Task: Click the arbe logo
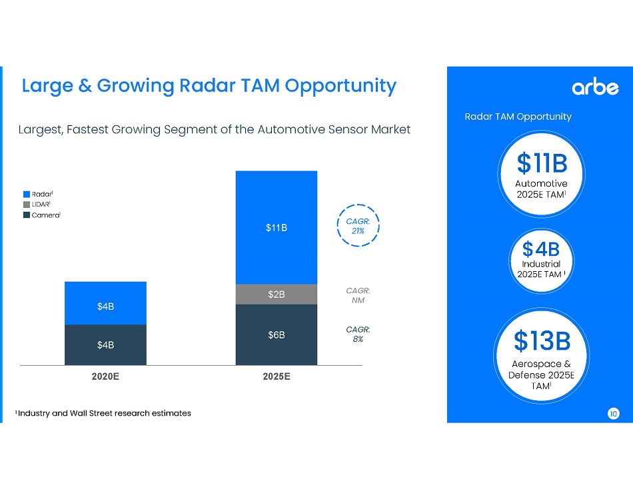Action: [595, 87]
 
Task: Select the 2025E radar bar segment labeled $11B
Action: [277, 228]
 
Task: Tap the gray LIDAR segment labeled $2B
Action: [277, 294]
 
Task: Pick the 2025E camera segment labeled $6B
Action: [277, 334]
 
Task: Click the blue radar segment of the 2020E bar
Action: [105, 304]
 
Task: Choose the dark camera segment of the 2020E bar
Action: [105, 345]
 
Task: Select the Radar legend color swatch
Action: [26, 194]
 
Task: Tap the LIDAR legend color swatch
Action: [26, 205]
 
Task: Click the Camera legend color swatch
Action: [26, 215]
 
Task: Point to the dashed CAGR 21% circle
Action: [358, 225]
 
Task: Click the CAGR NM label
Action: [358, 295]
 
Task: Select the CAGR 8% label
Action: [358, 334]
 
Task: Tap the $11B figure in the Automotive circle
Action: [542, 163]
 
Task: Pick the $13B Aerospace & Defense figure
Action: [542, 341]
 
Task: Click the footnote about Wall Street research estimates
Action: [103, 414]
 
